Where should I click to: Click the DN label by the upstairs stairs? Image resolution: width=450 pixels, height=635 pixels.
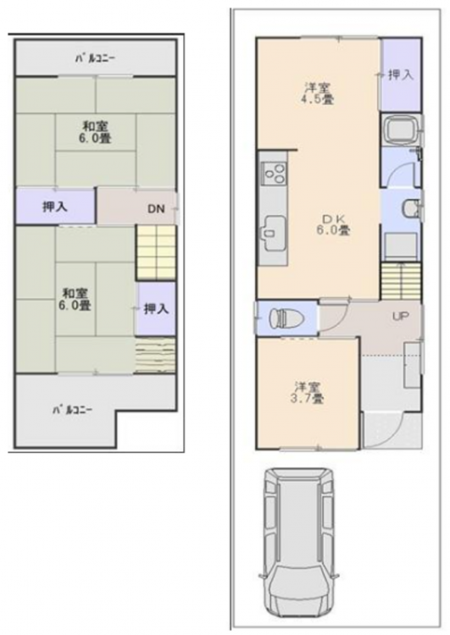click(156, 209)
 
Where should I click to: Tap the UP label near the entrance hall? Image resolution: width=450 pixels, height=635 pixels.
click(400, 317)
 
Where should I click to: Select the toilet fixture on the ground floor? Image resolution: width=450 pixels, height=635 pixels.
click(286, 318)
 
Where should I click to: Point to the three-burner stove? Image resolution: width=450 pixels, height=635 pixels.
click(275, 173)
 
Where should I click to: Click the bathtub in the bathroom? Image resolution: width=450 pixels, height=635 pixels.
click(403, 130)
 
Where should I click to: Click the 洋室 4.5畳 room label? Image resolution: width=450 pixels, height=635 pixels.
click(318, 93)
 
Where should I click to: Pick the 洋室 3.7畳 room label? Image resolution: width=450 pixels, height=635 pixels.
click(307, 392)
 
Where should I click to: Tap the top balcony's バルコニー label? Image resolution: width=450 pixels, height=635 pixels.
click(96, 58)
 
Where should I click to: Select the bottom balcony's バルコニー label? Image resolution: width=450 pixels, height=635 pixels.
click(72, 411)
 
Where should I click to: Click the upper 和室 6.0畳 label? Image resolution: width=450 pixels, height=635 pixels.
click(95, 132)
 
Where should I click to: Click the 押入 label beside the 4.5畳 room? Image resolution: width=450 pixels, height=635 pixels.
click(401, 75)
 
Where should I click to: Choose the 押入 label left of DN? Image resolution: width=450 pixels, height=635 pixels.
click(55, 207)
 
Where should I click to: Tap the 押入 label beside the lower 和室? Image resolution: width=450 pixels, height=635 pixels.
click(157, 309)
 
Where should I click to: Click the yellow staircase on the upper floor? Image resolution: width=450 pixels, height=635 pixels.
click(156, 252)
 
